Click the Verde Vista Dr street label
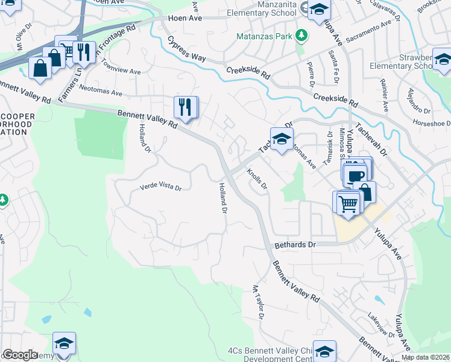(160, 188)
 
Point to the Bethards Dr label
(295, 246)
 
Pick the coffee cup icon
(356, 176)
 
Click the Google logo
(19, 355)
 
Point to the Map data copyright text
(425, 357)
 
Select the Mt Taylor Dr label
(259, 302)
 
